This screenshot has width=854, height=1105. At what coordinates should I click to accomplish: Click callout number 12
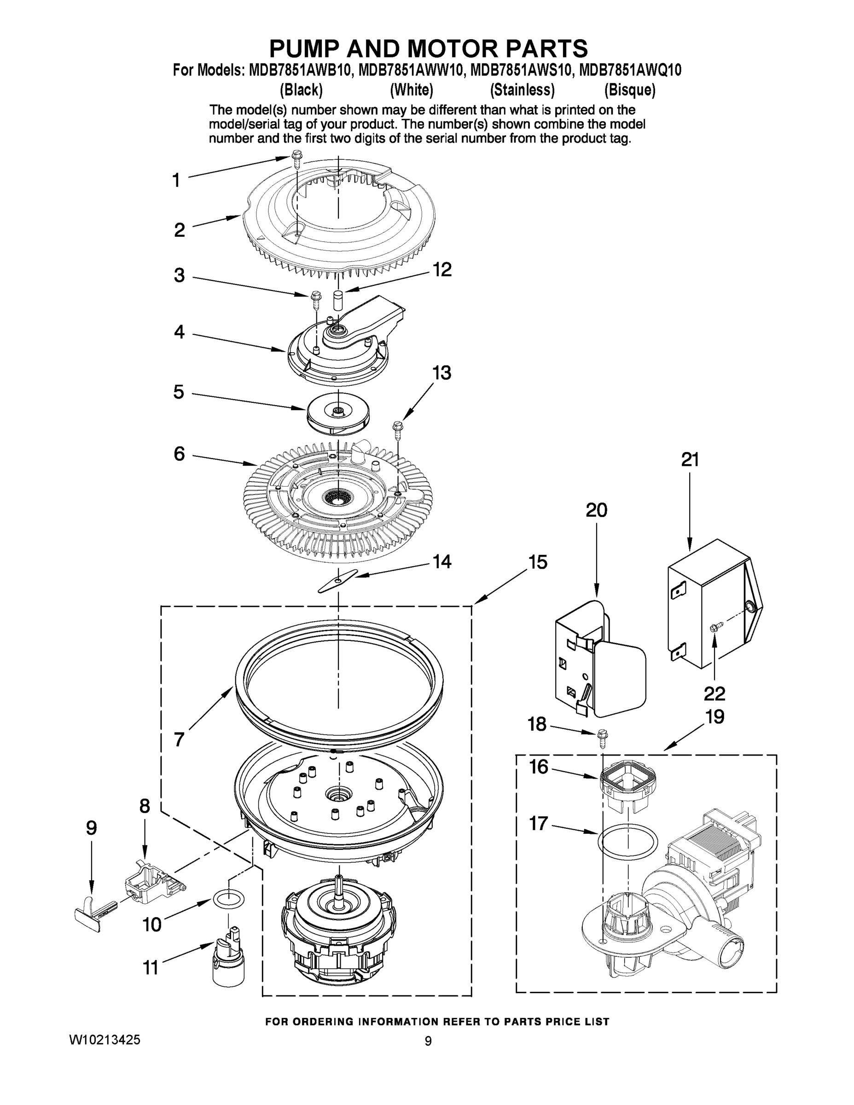click(x=442, y=270)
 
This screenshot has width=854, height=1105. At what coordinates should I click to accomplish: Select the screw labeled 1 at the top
click(x=296, y=163)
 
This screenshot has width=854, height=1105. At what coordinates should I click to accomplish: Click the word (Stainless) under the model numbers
click(x=522, y=90)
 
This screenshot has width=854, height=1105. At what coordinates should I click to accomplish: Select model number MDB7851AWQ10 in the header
click(x=630, y=70)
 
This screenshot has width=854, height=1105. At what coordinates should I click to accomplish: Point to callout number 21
click(x=690, y=460)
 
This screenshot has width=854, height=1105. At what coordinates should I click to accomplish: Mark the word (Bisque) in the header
click(x=629, y=90)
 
